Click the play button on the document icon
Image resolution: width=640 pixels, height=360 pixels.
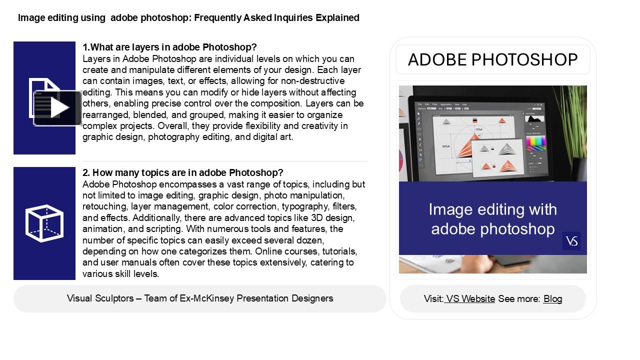click(x=58, y=108)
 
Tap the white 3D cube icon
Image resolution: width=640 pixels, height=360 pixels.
click(x=44, y=223)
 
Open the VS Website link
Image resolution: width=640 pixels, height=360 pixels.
click(x=470, y=299)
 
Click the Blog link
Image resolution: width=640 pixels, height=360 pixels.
click(x=552, y=299)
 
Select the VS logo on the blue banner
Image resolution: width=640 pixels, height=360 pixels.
click(x=571, y=241)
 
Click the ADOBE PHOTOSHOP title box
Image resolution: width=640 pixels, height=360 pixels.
click(x=492, y=60)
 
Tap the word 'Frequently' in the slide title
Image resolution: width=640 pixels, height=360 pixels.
click(x=217, y=18)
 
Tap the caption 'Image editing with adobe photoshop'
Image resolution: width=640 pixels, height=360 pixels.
click(x=492, y=219)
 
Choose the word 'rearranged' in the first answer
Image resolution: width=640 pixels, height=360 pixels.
click(x=105, y=114)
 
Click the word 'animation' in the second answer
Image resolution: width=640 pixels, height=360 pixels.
click(x=101, y=229)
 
